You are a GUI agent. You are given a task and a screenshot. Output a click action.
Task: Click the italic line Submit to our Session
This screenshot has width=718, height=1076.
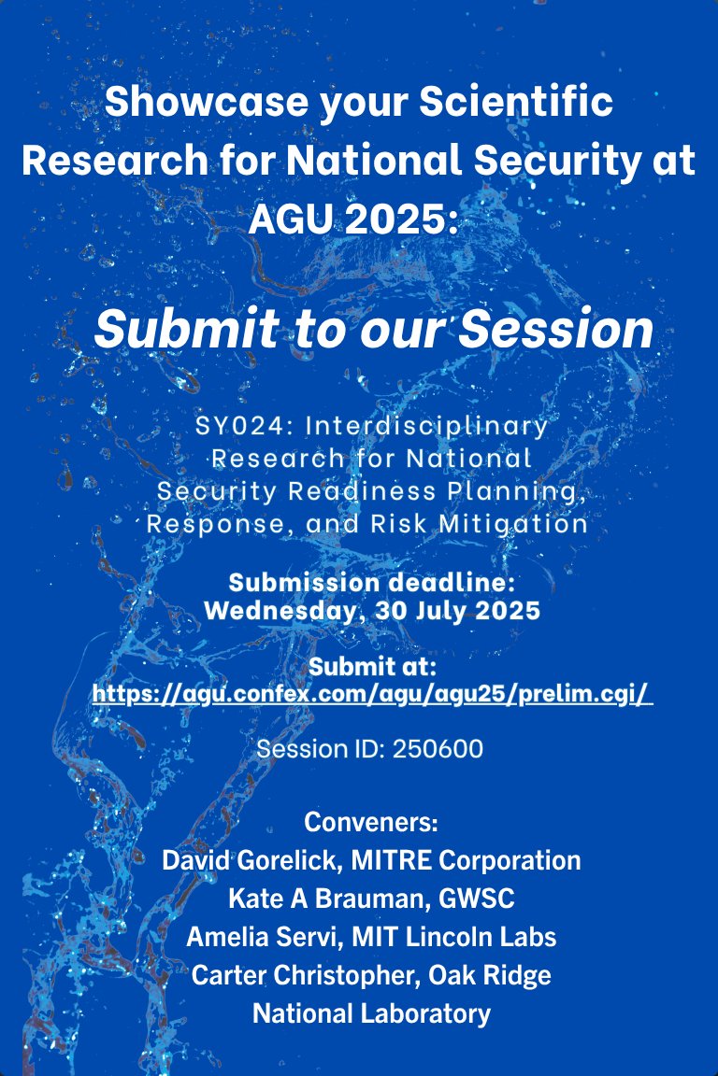point(373,329)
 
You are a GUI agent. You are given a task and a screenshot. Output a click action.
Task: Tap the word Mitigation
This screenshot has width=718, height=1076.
point(522,524)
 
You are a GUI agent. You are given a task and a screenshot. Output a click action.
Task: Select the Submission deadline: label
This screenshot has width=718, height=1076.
point(371,583)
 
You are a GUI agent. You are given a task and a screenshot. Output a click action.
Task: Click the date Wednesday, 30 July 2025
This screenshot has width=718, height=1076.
point(371,612)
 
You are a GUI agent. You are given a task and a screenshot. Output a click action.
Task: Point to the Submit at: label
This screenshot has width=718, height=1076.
point(372,667)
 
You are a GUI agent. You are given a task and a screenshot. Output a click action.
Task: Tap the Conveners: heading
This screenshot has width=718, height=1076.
point(371,824)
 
